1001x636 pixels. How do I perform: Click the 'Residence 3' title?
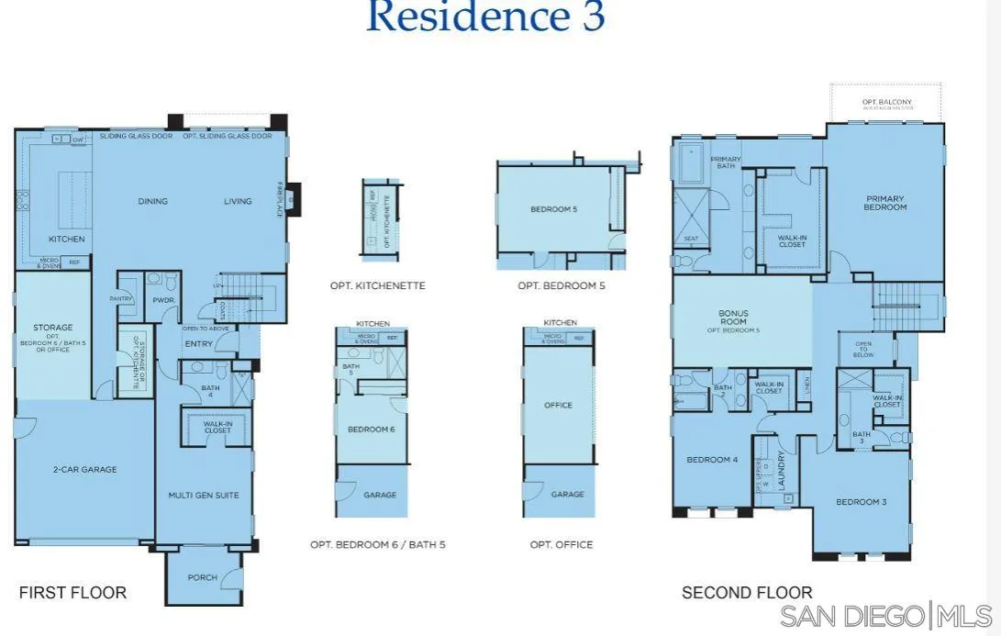485,17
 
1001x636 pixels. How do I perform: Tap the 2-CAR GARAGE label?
84,469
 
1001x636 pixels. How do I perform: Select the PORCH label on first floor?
202,577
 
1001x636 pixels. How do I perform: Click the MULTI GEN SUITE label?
203,495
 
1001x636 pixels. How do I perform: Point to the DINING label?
153,201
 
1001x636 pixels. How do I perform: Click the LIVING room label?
238,201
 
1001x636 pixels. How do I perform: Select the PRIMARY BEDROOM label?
885,203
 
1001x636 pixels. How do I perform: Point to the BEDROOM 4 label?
712,460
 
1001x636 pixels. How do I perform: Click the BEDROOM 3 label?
861,502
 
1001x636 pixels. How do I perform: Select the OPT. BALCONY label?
885,101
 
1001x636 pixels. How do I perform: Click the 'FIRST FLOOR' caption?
72,592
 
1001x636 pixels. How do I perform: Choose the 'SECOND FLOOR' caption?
747,593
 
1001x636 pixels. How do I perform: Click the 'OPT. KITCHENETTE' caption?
377,285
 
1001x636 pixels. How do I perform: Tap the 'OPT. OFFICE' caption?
561,544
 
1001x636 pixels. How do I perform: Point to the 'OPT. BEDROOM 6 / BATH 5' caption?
377,544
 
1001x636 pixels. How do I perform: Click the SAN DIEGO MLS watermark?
886,614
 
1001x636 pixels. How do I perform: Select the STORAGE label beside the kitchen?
53,327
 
